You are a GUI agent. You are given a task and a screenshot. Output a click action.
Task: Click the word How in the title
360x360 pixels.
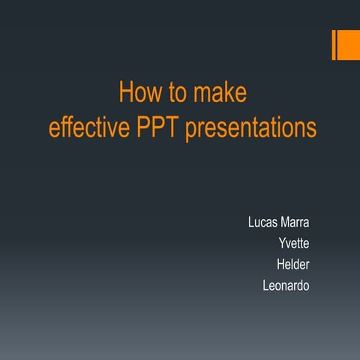(x=137, y=94)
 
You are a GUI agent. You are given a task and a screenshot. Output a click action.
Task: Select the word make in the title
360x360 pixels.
(x=218, y=94)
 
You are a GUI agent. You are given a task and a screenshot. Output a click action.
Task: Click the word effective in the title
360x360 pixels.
(x=90, y=127)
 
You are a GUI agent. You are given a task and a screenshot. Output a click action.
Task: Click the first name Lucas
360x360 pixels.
(x=263, y=222)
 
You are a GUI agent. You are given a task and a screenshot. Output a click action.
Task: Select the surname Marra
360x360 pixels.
(x=296, y=222)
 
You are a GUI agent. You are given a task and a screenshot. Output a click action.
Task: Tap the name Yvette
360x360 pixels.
(x=294, y=243)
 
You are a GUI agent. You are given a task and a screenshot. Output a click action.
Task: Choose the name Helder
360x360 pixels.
(x=293, y=264)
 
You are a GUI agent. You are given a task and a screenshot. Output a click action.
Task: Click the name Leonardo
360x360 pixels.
(x=286, y=285)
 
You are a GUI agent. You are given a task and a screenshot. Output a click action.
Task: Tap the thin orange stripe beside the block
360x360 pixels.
(x=334, y=45)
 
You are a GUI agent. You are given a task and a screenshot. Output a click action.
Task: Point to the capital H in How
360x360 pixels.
(x=124, y=94)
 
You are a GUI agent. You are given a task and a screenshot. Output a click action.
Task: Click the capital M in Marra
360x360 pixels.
(x=285, y=222)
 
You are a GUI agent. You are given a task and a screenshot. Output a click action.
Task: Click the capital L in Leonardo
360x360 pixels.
(x=266, y=285)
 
